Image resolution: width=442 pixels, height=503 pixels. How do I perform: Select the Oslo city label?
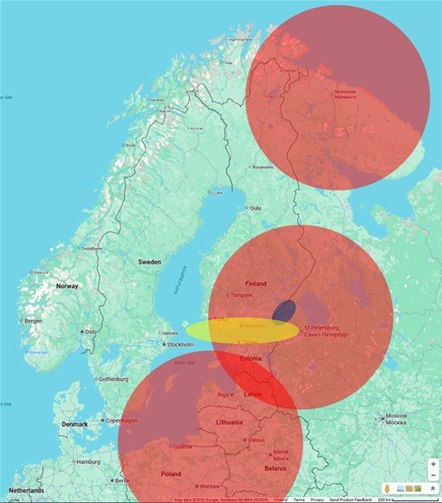tap(91, 331)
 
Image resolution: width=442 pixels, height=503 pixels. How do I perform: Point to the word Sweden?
tap(149, 261)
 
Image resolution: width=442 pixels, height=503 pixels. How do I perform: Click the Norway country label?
tap(68, 285)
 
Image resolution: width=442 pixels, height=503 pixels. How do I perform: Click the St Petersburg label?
tap(325, 330)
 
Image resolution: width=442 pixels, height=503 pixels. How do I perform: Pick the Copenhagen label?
tap(121, 421)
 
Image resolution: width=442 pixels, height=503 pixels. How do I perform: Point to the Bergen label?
tap(33, 321)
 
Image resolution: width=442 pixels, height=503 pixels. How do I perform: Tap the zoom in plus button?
tap(432, 464)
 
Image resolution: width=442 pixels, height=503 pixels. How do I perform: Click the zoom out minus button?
tap(432, 475)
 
